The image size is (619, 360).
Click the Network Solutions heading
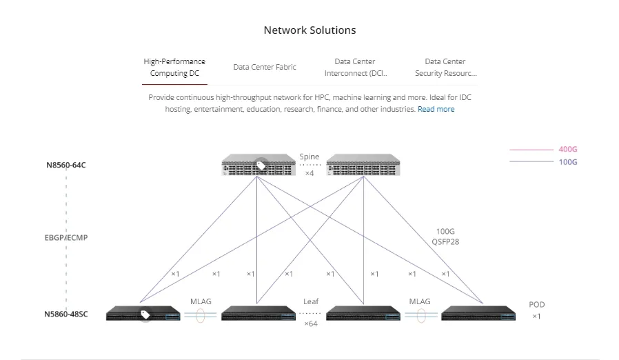[309, 30]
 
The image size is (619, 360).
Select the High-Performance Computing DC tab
[174, 67]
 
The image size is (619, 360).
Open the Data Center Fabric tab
[265, 67]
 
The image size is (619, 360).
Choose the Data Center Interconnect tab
[355, 67]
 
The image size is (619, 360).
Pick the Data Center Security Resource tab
[445, 67]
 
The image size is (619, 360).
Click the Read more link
[436, 109]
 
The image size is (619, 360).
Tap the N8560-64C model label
[66, 166]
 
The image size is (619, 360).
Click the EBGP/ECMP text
[66, 238]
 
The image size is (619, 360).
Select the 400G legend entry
[567, 149]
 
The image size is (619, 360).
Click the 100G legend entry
[567, 162]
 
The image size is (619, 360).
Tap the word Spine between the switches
[309, 157]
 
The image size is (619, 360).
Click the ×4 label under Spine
[309, 173]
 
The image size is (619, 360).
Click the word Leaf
[310, 302]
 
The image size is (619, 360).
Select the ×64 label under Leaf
[310, 323]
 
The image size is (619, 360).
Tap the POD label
[536, 304]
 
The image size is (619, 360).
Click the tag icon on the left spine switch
[261, 166]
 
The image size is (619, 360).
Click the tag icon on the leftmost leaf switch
[145, 314]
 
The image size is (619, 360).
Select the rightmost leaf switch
[478, 315]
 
